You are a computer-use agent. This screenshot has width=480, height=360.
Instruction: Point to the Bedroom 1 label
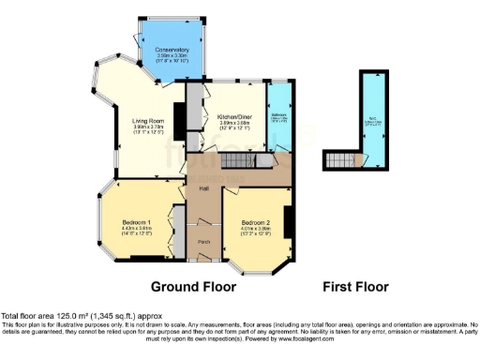[x=136, y=221]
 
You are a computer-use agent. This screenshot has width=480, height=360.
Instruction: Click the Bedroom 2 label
[x=256, y=221]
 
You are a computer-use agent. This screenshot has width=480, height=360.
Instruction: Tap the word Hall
[x=202, y=190]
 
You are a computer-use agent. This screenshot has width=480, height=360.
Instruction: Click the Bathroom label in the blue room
[x=279, y=115]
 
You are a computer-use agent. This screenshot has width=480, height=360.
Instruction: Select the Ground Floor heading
[x=193, y=286]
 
